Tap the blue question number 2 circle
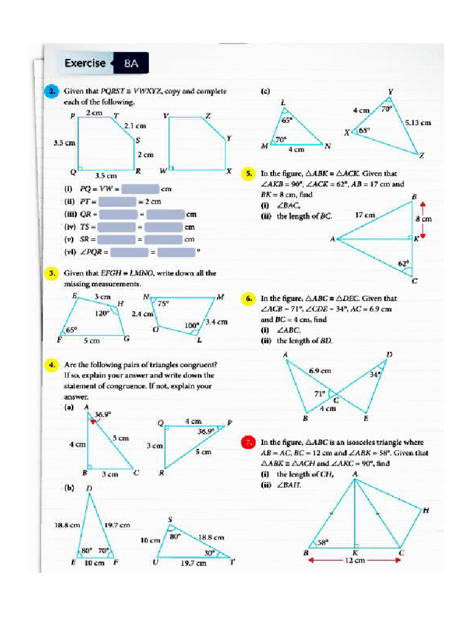tap(53, 92)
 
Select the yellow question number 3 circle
tap(53, 273)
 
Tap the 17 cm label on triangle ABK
tap(366, 215)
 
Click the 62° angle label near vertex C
tap(403, 264)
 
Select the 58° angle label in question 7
tap(323, 542)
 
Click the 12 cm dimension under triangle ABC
tap(355, 560)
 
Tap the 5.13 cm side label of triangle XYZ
tap(417, 122)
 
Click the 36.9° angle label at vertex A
tap(103, 415)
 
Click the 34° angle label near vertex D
tap(375, 373)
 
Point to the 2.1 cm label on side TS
tap(135, 125)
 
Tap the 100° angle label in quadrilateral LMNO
tap(191, 326)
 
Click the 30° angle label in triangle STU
tap(209, 552)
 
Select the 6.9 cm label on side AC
tap(320, 370)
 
